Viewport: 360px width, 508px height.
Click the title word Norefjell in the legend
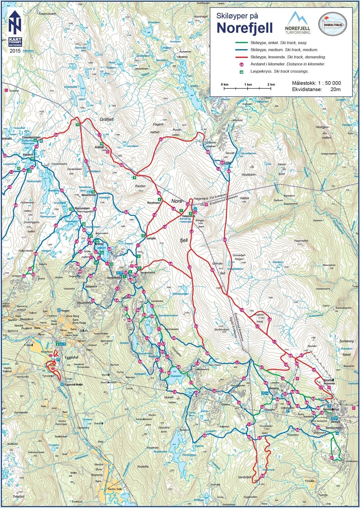pyautogui.click(x=244, y=28)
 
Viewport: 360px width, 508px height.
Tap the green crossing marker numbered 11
pyautogui.click(x=77, y=125)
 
